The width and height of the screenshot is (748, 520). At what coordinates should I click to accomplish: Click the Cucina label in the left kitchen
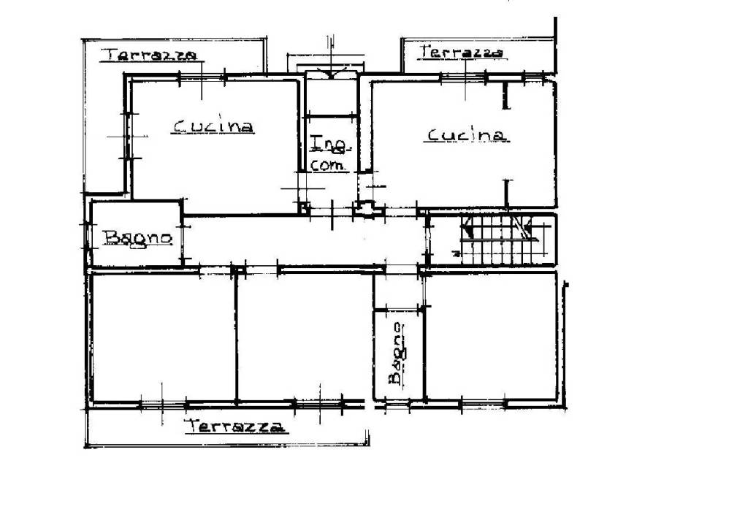(213, 126)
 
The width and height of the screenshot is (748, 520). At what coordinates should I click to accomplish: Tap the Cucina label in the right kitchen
(467, 135)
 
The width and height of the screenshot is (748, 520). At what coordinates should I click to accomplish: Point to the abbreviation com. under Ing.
(327, 166)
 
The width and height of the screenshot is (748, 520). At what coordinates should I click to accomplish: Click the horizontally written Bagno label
(137, 237)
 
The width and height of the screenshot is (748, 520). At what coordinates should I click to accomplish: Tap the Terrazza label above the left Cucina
(150, 54)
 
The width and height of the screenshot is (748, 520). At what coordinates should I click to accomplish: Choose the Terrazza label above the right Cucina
(462, 52)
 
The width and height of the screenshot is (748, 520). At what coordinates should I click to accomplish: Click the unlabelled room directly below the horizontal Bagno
(163, 337)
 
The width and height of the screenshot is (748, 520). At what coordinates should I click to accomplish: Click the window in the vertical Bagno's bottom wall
(397, 405)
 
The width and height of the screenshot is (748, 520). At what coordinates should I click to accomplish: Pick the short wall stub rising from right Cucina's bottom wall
(507, 194)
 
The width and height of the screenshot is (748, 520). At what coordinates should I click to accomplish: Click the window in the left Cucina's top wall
(202, 77)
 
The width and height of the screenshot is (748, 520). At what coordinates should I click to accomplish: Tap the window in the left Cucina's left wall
(127, 136)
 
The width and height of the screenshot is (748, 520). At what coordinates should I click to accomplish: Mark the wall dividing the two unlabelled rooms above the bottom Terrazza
(236, 337)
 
